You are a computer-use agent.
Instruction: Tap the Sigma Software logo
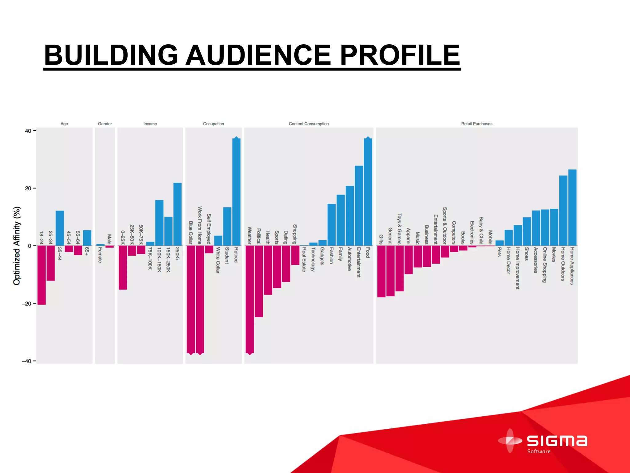point(543,441)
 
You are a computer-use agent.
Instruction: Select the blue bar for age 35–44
point(60,228)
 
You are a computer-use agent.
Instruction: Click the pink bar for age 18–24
point(42,275)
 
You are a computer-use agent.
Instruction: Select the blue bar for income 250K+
point(177,214)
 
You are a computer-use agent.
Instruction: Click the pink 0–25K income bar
point(123,267)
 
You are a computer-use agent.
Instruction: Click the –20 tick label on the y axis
point(27,304)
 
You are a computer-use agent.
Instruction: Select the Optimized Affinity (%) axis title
point(17,246)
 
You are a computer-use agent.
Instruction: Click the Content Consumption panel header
point(309,124)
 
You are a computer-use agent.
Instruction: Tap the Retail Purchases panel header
point(476,124)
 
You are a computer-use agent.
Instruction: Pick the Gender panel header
point(105,124)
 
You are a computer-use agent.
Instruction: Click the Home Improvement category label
point(517,268)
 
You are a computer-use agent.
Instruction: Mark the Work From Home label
point(200,225)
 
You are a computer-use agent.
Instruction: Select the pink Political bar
point(259,281)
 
